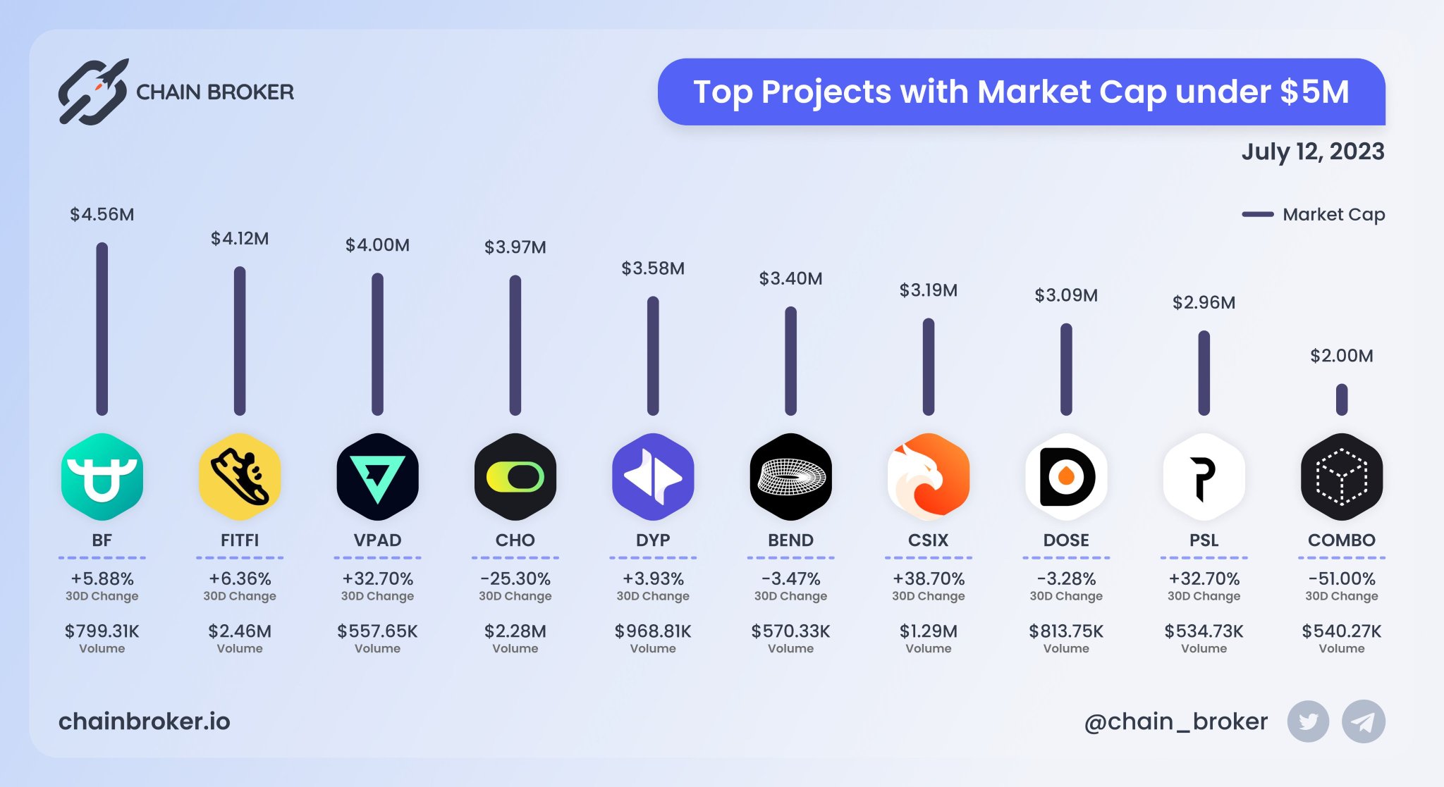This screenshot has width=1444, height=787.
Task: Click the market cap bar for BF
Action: coord(102,328)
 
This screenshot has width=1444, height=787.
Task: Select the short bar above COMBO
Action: coord(1341,399)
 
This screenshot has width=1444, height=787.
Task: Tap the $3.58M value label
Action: coord(652,268)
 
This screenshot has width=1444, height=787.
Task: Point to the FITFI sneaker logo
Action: coord(240,477)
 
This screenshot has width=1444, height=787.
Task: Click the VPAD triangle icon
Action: coord(377,477)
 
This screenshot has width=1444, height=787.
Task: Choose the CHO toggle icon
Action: coord(515,477)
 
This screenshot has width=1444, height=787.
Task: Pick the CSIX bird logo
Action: coord(928,477)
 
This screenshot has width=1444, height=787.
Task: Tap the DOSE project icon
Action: coord(1066,477)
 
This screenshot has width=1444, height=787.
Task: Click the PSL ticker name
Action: coord(1204,540)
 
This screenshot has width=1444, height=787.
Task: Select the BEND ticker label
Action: coord(790,540)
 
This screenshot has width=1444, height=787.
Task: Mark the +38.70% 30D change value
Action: coord(928,578)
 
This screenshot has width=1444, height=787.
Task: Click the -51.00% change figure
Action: coord(1341,578)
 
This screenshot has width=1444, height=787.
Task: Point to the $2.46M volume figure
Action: coord(240,631)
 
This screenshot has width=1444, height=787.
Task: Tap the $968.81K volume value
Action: coord(652,631)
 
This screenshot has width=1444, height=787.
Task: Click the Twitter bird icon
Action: coord(1308,721)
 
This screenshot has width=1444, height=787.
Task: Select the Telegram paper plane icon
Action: coord(1363,721)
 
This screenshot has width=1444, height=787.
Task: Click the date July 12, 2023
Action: coord(1312,151)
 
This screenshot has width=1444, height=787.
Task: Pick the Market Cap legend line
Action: coord(1257,214)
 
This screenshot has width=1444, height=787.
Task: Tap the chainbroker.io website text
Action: coord(144,721)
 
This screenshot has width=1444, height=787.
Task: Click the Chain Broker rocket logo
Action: coord(94,92)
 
